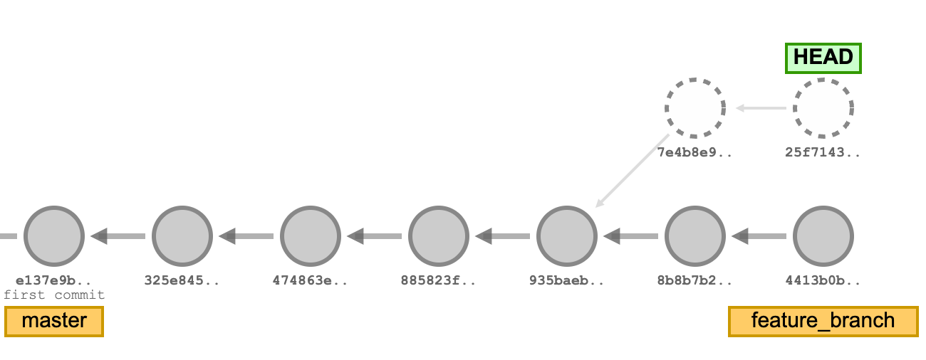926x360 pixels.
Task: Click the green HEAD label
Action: (x=823, y=58)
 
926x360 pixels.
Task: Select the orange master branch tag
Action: (x=54, y=321)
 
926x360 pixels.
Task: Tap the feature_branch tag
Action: (x=823, y=321)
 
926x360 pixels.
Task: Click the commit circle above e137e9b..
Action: (x=54, y=235)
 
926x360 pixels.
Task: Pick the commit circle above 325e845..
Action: (x=182, y=235)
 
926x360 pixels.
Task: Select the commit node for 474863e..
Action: (x=311, y=235)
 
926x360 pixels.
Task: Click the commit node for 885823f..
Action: (x=439, y=235)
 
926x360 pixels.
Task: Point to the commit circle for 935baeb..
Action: (x=567, y=235)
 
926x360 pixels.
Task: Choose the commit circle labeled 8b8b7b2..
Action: (x=695, y=235)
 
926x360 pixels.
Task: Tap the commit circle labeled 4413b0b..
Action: (x=823, y=235)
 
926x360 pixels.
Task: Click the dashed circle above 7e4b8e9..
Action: (x=695, y=108)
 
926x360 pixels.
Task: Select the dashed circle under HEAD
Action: (x=823, y=108)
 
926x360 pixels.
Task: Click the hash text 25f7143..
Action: (x=823, y=152)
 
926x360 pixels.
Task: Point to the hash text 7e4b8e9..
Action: (x=694, y=152)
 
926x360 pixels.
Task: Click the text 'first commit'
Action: (x=54, y=295)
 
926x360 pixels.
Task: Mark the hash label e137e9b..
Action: (x=54, y=280)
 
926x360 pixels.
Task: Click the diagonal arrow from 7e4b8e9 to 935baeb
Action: (x=633, y=171)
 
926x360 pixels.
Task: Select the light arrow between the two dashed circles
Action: (x=760, y=108)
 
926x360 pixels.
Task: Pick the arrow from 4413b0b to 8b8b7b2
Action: (x=759, y=235)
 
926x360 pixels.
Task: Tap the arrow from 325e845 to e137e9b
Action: (x=118, y=235)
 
